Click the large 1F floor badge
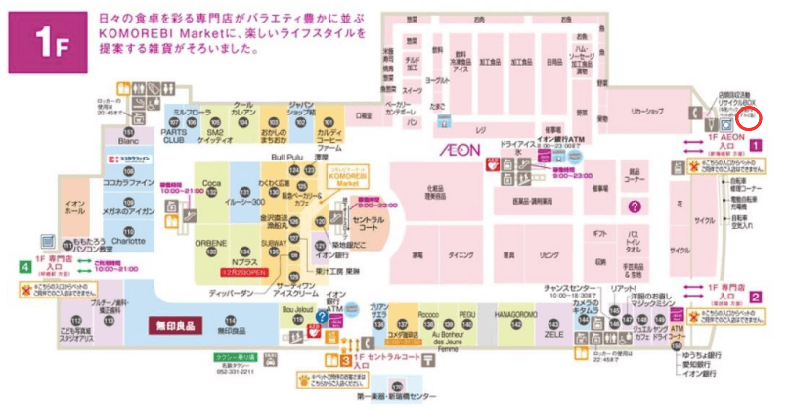[41, 44]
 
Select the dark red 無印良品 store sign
[173, 322]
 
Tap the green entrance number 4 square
[23, 264]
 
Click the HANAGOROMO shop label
[507, 315]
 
